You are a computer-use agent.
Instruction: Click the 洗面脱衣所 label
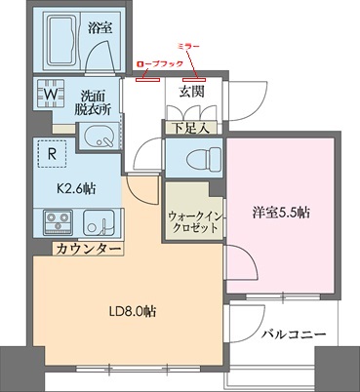point(99,102)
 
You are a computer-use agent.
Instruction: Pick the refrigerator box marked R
point(49,153)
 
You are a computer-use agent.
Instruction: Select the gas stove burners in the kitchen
point(52,223)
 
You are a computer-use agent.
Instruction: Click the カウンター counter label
point(87,251)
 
